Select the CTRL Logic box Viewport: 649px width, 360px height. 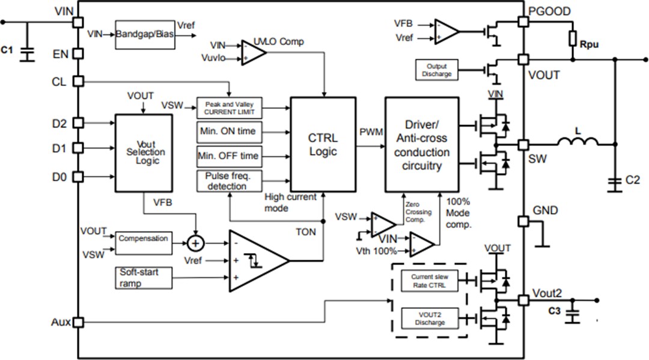click(323, 144)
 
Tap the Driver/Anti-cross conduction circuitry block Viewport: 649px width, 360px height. click(421, 144)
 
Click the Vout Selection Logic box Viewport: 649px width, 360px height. click(144, 153)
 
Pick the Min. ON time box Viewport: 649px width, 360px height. click(230, 131)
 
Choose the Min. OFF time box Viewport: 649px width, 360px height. click(230, 156)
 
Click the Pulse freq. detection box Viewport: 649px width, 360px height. click(230, 181)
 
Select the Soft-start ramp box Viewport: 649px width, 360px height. click(144, 277)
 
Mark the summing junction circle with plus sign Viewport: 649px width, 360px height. click(195, 243)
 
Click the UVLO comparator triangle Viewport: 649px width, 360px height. click(253, 52)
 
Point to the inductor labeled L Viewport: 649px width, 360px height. click(577, 142)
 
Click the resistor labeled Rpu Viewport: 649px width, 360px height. click(573, 40)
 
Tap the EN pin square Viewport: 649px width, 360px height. click(78, 54)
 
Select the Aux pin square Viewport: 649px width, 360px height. click(78, 323)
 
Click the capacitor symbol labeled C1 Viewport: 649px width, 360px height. click(26, 51)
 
